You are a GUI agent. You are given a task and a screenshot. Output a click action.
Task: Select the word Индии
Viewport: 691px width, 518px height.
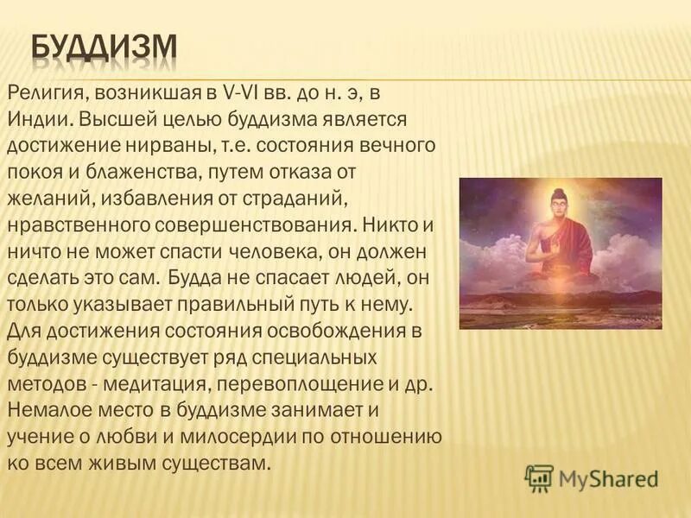point(35,116)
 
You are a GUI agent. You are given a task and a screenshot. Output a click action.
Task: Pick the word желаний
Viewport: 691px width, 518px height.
point(42,186)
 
